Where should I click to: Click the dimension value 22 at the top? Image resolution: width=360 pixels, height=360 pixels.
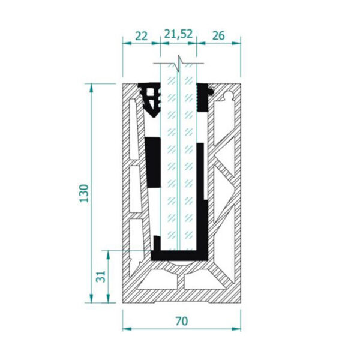(141, 36)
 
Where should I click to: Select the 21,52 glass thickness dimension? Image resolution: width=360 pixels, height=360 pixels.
(178, 34)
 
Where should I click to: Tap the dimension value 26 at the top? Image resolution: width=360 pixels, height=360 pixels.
(218, 35)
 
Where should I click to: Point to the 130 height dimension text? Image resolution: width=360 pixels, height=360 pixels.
(84, 193)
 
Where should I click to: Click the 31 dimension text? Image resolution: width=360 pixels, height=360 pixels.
(101, 277)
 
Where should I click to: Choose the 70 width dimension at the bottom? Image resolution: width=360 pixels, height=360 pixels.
(182, 321)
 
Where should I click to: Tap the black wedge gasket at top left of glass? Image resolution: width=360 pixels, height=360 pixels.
(151, 100)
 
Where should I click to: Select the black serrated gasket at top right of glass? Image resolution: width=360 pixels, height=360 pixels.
(203, 97)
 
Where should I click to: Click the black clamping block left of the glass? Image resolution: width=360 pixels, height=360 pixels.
(154, 162)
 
